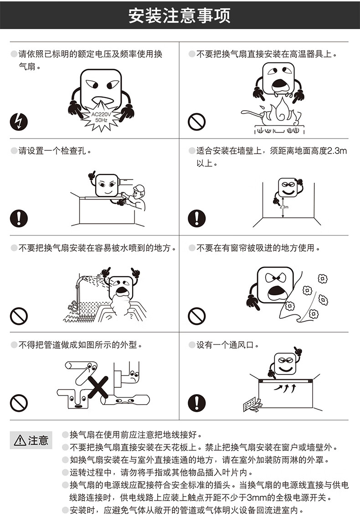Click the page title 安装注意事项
click(x=180, y=15)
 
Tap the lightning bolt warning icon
click(x=19, y=122)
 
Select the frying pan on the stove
click(x=257, y=115)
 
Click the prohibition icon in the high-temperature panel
click(x=197, y=122)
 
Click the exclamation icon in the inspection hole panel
click(x=19, y=218)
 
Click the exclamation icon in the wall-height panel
click(x=197, y=218)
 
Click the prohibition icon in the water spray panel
click(x=19, y=316)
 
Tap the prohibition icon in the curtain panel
click(x=197, y=316)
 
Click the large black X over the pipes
click(x=98, y=387)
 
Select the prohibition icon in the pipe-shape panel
click(x=19, y=403)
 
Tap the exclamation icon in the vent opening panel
click(x=197, y=403)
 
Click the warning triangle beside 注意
click(x=20, y=440)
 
